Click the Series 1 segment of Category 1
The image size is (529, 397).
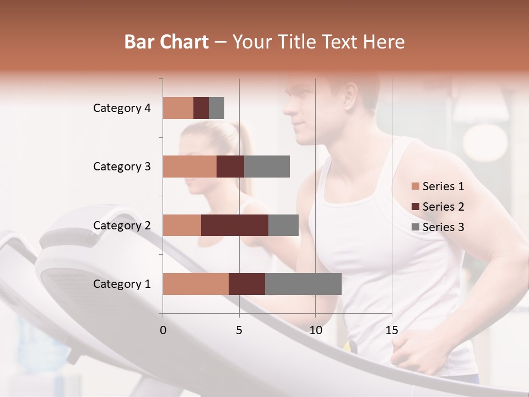196,283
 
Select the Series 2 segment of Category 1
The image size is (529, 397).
247,283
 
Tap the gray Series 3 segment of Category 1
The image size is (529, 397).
303,283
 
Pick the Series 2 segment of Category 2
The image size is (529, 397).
235,225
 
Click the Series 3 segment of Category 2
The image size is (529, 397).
283,225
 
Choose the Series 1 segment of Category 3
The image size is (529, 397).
190,167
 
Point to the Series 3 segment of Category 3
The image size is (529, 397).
267,167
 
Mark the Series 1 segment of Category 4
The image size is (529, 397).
178,108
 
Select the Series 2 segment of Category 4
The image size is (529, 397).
201,108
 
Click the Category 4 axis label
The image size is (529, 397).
122,108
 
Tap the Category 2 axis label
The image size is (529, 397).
122,225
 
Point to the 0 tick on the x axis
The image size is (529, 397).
163,330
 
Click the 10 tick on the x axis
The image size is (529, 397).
315,330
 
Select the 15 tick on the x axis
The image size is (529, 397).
392,330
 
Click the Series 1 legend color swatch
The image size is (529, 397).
415,186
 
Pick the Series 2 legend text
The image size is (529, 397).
443,207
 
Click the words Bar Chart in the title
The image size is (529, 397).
166,42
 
